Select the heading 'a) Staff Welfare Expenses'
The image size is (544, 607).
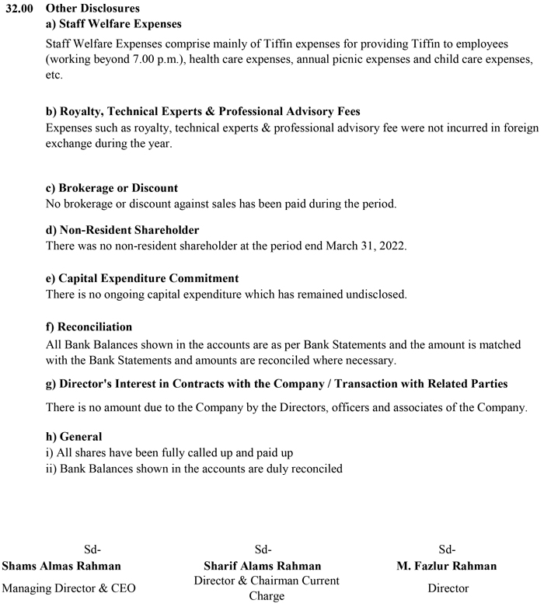(x=113, y=24)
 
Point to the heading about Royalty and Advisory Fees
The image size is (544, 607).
(x=203, y=112)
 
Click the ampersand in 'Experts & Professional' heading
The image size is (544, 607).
(x=210, y=112)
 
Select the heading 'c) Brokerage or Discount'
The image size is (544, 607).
(x=112, y=188)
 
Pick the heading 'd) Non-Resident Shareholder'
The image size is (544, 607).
(x=123, y=230)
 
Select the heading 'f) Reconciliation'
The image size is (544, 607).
(x=89, y=326)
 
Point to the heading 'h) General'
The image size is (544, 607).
(x=74, y=437)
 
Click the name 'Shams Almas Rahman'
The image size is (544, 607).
(x=61, y=565)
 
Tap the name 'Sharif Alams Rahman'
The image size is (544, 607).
(x=262, y=565)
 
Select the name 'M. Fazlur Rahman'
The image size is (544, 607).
(x=446, y=565)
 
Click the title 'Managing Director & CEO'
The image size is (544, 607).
(x=69, y=588)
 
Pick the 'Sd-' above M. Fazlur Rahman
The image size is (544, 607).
(x=447, y=549)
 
